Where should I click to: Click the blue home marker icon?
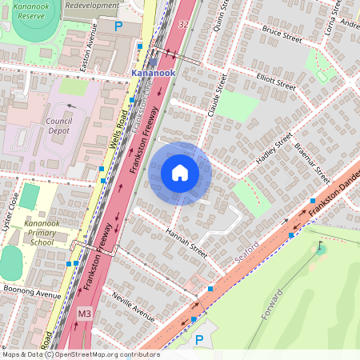coord(180,173)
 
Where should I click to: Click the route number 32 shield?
coord(184,25)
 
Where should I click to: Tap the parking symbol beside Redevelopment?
coord(118,26)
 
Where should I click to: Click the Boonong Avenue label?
coord(32,294)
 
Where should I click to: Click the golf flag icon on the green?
coord(321,247)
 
